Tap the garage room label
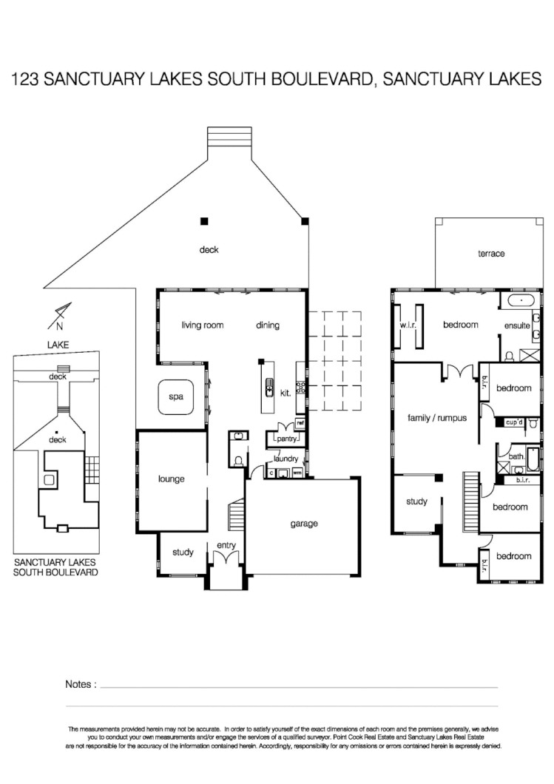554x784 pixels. coord(303,524)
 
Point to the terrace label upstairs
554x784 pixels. coord(491,254)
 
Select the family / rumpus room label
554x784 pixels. coord(437,418)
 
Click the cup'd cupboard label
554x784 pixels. coord(515,422)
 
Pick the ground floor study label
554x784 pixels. coord(183,552)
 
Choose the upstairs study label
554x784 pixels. coord(416,501)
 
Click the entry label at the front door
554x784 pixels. coord(226,546)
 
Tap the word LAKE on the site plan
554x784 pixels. coord(57,345)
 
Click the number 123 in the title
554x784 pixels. coord(25,80)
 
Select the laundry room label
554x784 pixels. coord(286,459)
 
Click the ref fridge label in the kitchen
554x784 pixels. coord(300,424)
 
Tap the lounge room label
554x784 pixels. coord(171,479)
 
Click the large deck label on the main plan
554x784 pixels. coord(209,249)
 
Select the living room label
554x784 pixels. coord(203,325)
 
